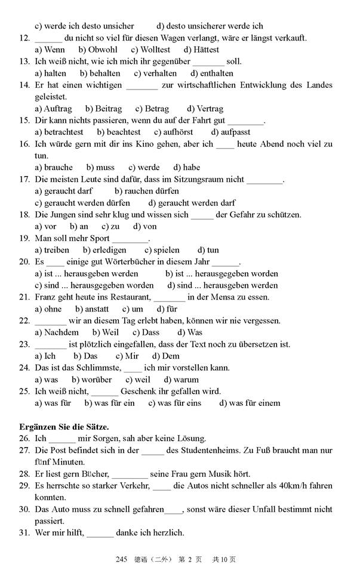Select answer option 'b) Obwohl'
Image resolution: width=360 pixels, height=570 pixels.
tap(98, 50)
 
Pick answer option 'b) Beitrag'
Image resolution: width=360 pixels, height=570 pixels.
tap(103, 109)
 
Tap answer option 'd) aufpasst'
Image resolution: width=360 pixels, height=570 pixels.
tap(230, 132)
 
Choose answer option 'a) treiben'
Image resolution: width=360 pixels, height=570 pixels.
tap(52, 250)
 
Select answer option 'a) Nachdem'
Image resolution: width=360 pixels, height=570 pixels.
tap(57, 332)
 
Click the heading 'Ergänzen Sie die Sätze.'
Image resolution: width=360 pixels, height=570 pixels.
tap(64, 426)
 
